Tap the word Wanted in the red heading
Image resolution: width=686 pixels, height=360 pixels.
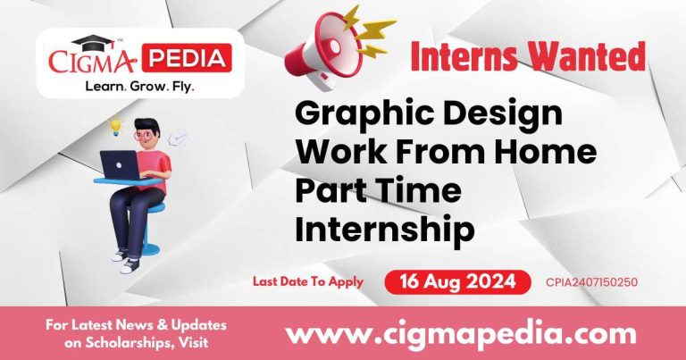click(595, 56)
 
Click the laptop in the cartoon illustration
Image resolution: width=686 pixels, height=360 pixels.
click(120, 164)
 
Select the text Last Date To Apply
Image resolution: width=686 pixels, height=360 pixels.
click(308, 282)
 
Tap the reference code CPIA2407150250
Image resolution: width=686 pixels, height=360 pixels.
click(591, 283)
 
